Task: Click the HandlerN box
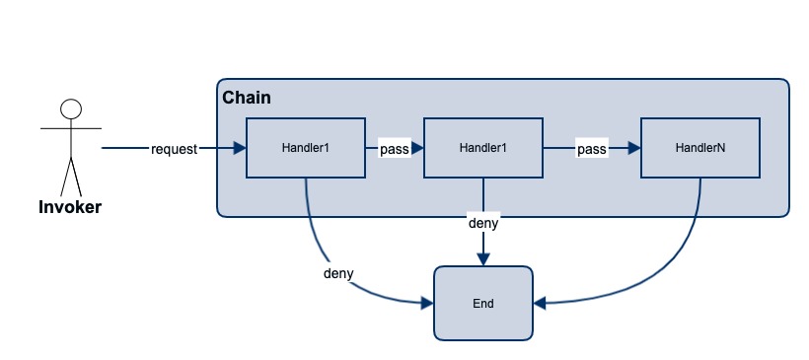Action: click(x=699, y=148)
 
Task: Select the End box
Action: click(x=482, y=303)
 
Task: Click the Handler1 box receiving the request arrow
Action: click(x=305, y=148)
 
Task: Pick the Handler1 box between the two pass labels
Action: click(x=482, y=148)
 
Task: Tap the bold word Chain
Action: click(x=247, y=98)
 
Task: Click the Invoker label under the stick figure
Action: click(x=70, y=207)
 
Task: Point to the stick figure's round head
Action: click(x=70, y=108)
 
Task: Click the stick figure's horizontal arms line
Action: click(x=70, y=128)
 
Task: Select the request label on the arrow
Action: click(x=175, y=149)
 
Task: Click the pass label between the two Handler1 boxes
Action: click(x=394, y=149)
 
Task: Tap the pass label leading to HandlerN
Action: click(x=591, y=149)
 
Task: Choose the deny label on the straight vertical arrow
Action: click(x=482, y=223)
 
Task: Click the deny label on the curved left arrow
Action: click(x=338, y=271)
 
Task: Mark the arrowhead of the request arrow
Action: click(x=240, y=149)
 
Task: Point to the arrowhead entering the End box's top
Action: click(x=482, y=259)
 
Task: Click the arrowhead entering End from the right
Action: click(x=539, y=302)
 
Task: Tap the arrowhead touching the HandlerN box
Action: click(x=634, y=149)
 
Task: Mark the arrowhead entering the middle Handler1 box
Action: click(x=417, y=149)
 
